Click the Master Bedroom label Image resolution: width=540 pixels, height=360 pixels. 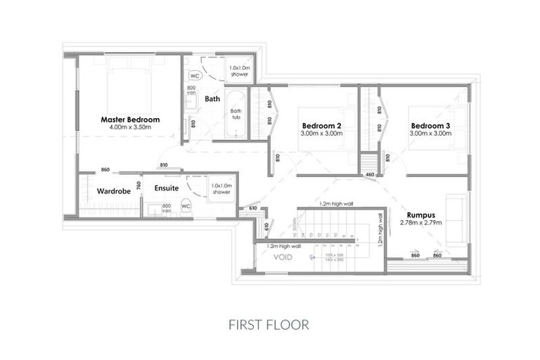129,120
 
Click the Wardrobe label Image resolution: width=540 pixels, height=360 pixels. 111,191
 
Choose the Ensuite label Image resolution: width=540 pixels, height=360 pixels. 167,188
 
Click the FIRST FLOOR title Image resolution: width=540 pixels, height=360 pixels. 269,325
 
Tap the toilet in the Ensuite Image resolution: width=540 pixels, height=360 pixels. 186,206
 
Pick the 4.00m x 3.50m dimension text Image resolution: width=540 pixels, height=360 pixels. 129,128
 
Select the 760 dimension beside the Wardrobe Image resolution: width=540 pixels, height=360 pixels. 139,185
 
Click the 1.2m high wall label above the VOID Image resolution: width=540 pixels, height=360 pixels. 281,246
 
